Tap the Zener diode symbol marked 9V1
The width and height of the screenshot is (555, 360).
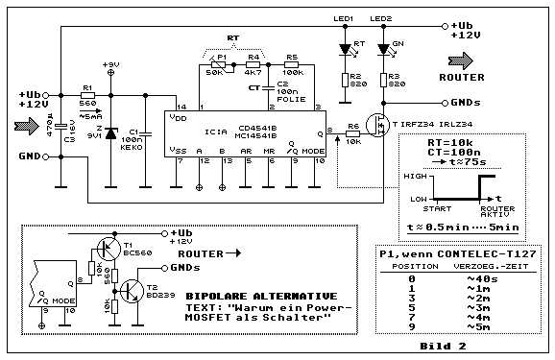coord(110,133)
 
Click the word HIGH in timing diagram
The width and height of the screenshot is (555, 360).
coord(416,177)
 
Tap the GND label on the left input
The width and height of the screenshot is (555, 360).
coord(31,156)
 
